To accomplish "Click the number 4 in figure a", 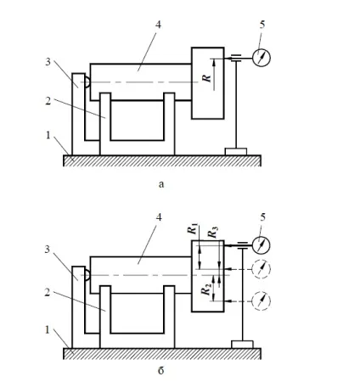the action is [x=158, y=25].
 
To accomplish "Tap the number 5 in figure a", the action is [x=262, y=25].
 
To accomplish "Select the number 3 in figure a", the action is [x=48, y=62].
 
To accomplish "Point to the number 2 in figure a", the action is [x=48, y=100].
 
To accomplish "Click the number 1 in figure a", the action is [x=48, y=135].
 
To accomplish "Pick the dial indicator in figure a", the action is [x=262, y=58].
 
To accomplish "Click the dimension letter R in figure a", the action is [x=207, y=78].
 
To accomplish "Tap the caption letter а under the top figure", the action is [x=161, y=184].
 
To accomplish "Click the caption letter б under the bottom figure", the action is [x=160, y=370].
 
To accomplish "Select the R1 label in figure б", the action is [x=193, y=228].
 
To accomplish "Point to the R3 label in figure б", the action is [x=212, y=233].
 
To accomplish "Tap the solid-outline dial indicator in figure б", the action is [x=262, y=245].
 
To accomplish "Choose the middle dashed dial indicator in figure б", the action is [x=262, y=269].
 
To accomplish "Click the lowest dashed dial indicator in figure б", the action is [x=262, y=301].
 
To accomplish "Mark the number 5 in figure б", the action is [x=262, y=217].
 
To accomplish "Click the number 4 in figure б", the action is [x=159, y=217].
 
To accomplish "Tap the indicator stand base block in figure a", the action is [x=236, y=152].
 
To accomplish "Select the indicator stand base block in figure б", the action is [x=242, y=345].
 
